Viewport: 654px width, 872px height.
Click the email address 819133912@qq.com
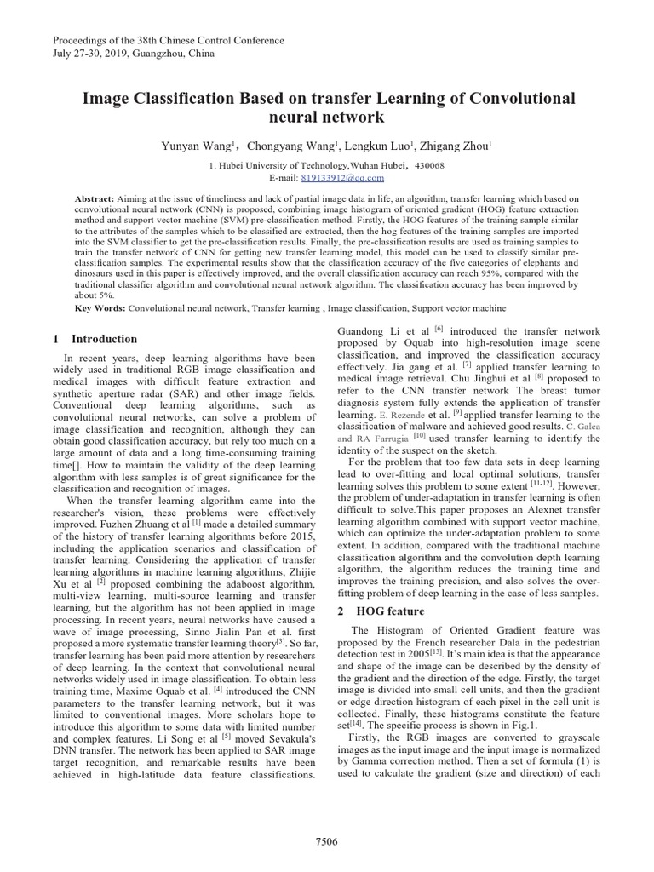click(x=342, y=177)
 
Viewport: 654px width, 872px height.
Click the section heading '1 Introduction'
click(x=95, y=339)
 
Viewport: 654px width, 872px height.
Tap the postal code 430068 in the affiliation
click(x=426, y=165)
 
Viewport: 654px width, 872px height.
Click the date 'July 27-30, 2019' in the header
click(x=93, y=54)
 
